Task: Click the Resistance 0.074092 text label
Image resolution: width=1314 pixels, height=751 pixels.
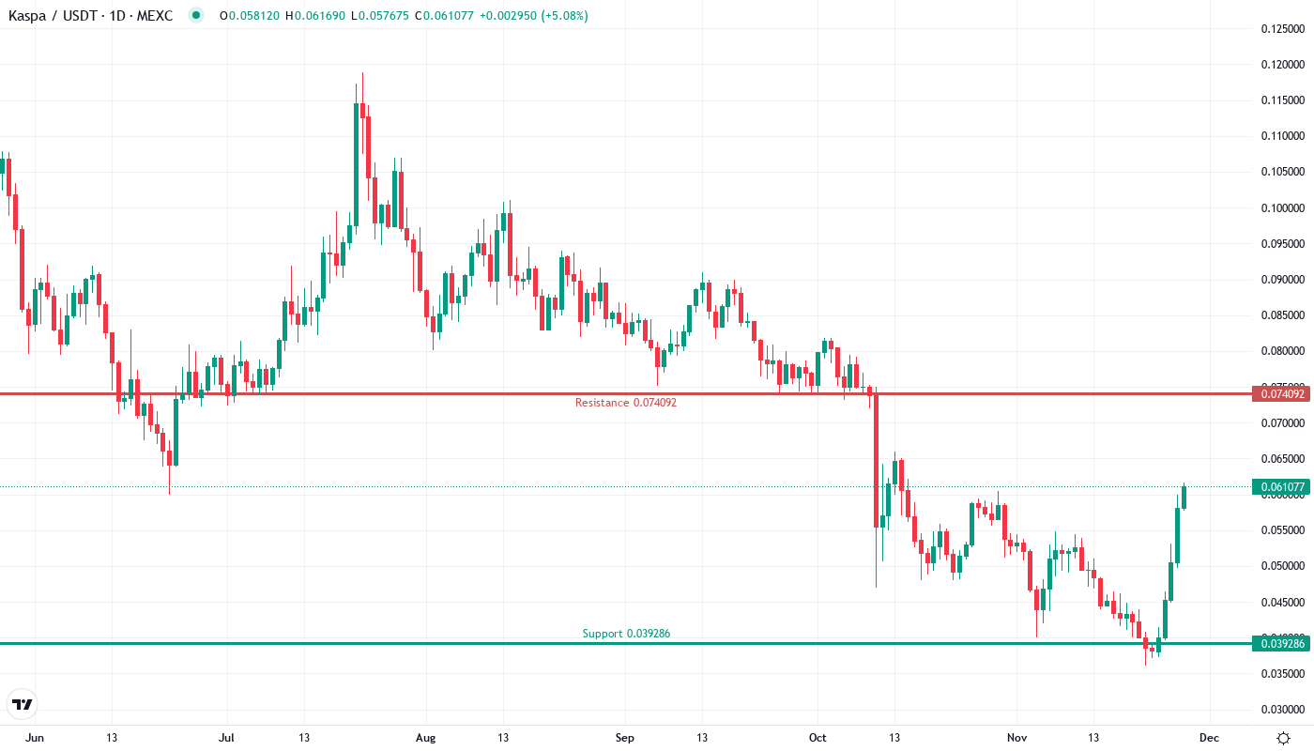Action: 625,403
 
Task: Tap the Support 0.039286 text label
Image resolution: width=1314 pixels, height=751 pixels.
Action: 626,634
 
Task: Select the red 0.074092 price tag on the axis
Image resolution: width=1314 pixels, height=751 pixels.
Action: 1281,393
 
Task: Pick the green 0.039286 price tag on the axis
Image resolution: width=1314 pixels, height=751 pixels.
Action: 1281,643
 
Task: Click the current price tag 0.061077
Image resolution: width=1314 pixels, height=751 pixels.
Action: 1281,486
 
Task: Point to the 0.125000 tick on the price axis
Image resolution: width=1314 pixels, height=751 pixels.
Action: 1282,28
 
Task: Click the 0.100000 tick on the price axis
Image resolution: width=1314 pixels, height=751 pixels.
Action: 1282,207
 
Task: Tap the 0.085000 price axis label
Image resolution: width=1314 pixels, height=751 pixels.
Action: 1282,315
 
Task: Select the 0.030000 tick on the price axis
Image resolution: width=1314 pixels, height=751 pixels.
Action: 1282,710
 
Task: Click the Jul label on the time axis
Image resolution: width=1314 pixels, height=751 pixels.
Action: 226,738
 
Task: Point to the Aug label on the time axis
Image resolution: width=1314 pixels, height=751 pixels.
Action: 425,738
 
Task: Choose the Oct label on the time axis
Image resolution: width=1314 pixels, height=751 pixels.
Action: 817,738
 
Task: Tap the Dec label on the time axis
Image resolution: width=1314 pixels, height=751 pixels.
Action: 1210,738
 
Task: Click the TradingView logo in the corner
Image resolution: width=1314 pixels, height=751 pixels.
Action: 23,704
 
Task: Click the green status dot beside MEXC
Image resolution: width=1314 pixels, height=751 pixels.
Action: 195,15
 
